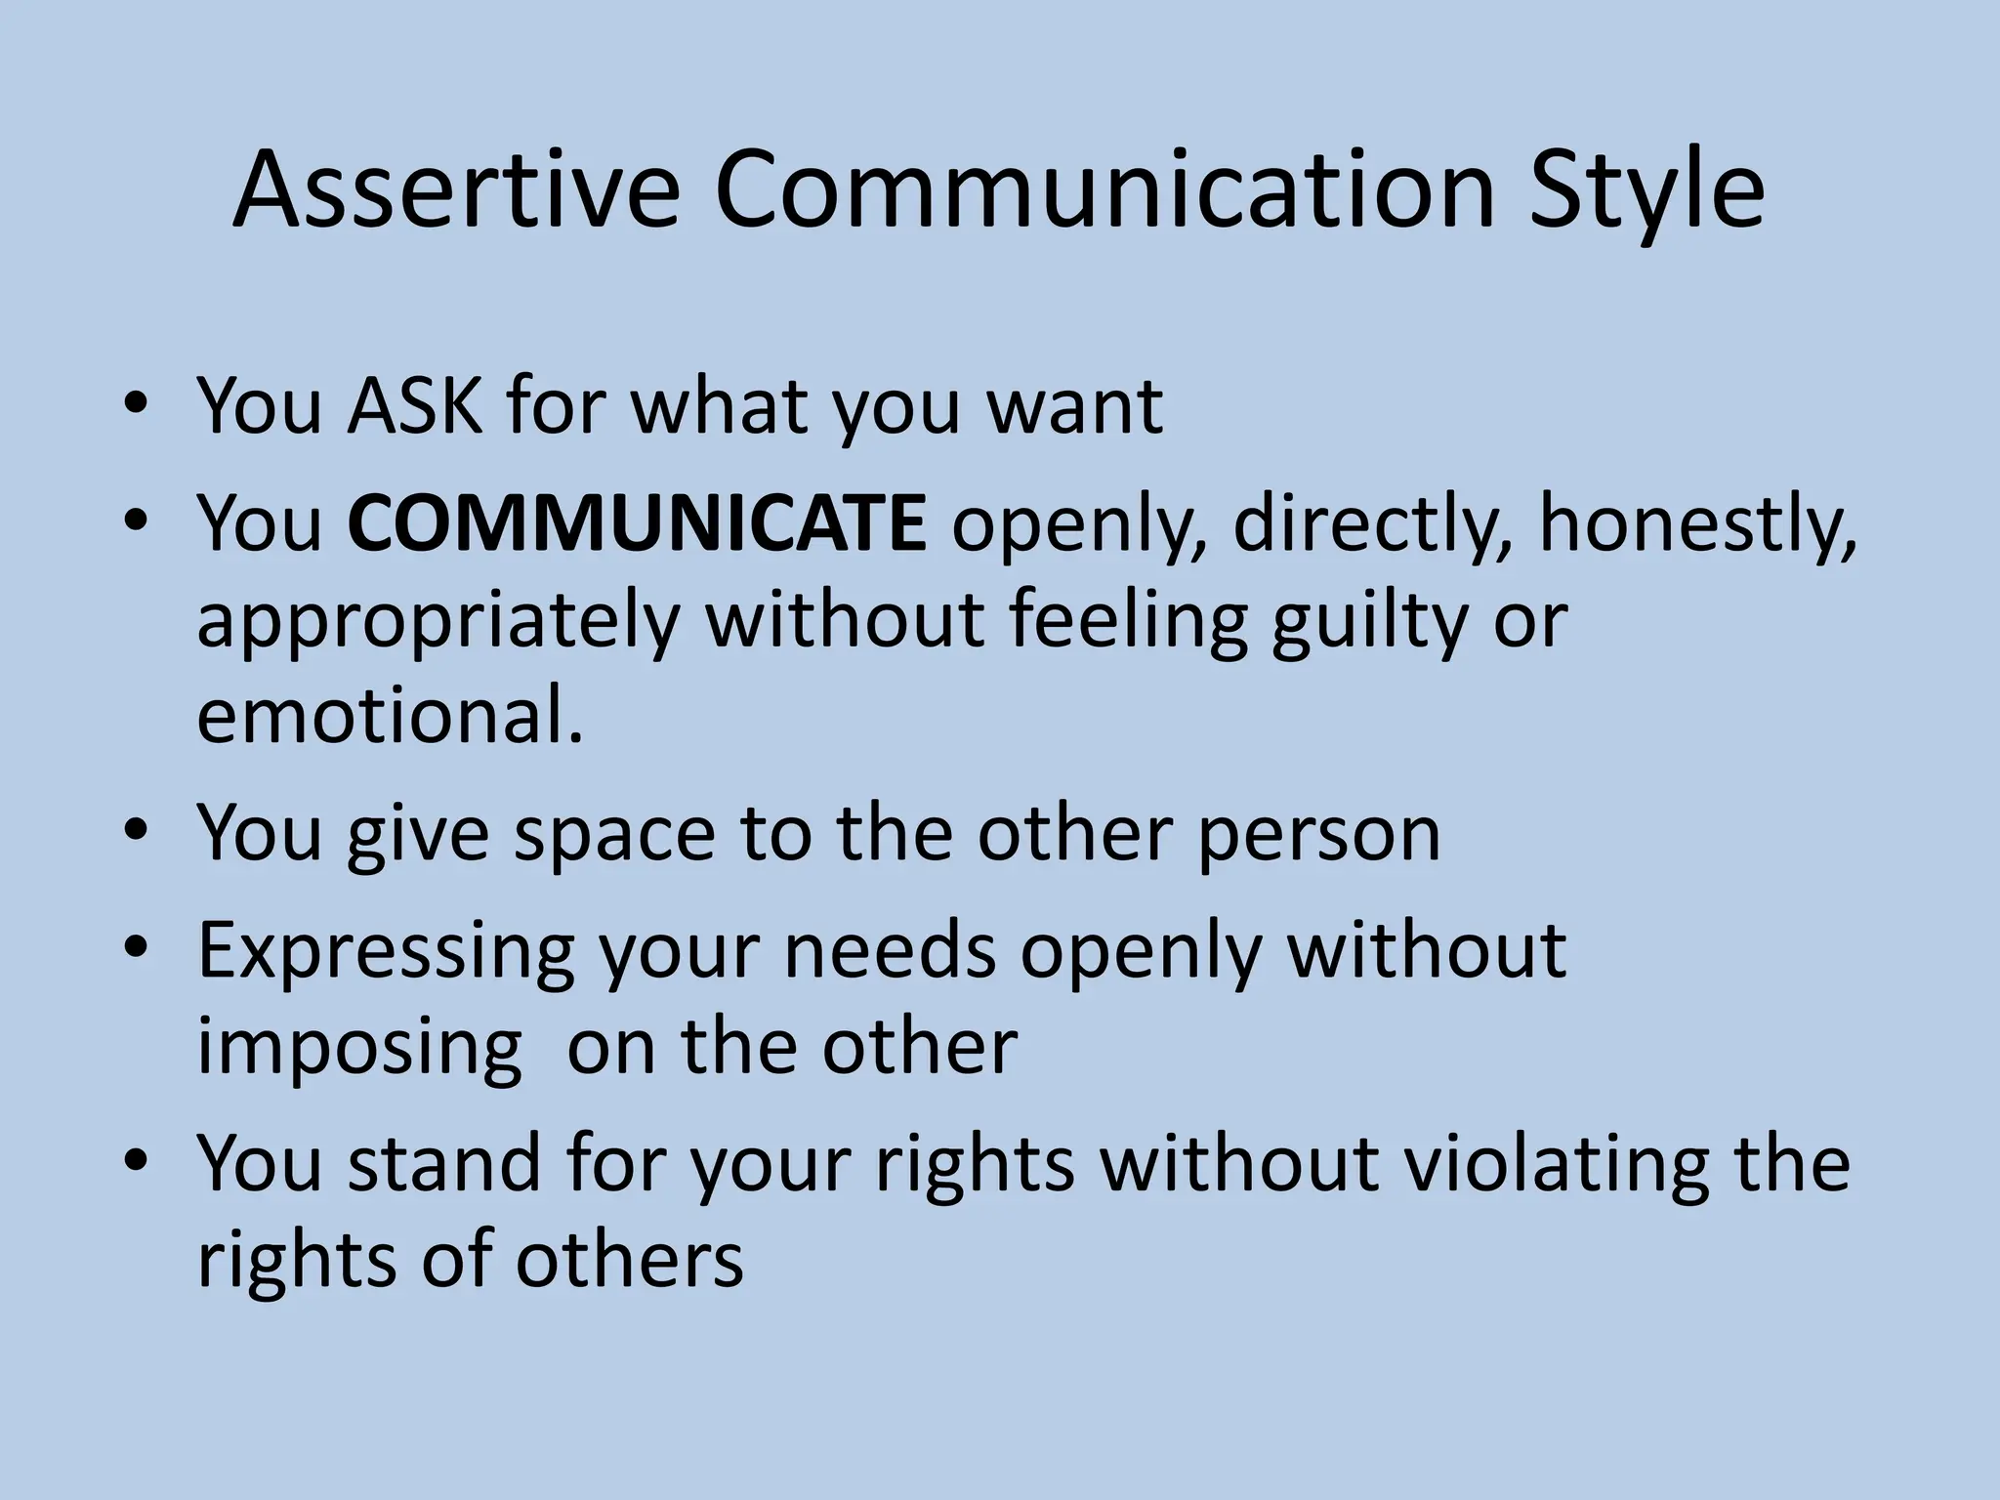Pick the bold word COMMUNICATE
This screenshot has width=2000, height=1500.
pyautogui.click(x=637, y=522)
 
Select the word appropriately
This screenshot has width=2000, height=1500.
pyautogui.click(x=437, y=622)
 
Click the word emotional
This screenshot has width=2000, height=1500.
pyautogui.click(x=390, y=715)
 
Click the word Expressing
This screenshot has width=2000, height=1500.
pyautogui.click(x=387, y=952)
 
